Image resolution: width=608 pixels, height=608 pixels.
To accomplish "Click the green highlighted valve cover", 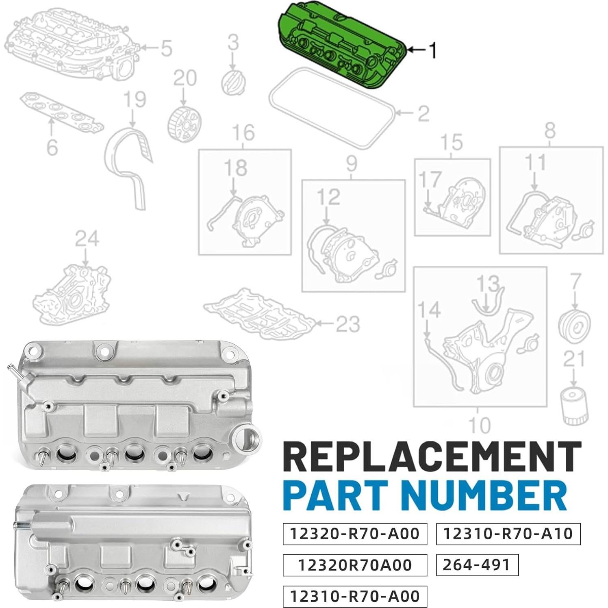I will [x=341, y=47].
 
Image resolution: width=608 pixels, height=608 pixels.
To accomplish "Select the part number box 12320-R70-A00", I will [x=355, y=533].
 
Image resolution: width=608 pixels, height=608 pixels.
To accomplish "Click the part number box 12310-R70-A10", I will [x=508, y=533].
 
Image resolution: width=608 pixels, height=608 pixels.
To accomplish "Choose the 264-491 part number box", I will [x=477, y=565].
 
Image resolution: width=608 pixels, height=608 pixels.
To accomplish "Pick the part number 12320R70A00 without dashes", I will [x=355, y=565].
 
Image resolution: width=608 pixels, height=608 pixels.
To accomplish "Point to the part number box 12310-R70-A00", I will [x=355, y=596].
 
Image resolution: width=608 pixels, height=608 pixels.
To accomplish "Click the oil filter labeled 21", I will [x=574, y=406].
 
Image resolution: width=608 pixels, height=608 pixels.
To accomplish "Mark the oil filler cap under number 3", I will [x=232, y=80].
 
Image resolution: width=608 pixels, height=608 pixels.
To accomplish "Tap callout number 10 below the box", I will [x=480, y=425].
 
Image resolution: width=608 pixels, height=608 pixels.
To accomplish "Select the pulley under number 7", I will [x=574, y=325].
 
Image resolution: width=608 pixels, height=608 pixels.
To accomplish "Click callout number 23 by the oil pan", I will [x=347, y=324].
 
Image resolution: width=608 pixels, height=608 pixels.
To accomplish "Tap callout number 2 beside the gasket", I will [x=423, y=113].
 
